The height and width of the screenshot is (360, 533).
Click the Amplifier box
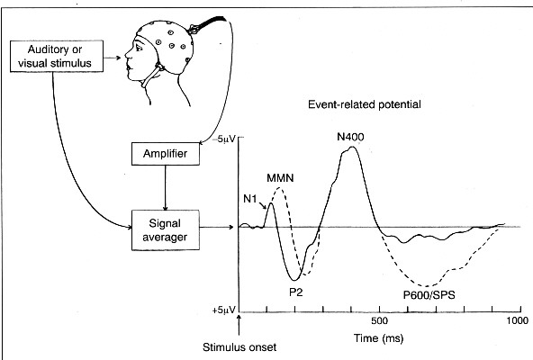click(x=166, y=154)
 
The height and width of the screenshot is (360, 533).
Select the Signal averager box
click(x=166, y=230)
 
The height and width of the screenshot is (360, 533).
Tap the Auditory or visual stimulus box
click(x=57, y=56)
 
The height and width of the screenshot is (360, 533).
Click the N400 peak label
click(x=350, y=137)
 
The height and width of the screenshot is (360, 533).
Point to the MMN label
click(x=280, y=178)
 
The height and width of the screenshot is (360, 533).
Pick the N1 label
click(x=250, y=199)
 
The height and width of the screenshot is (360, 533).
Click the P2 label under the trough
click(x=295, y=292)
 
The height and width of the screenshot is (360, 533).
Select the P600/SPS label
click(x=429, y=294)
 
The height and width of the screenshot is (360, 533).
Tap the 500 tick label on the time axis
click(x=379, y=320)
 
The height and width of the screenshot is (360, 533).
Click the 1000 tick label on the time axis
click(x=518, y=320)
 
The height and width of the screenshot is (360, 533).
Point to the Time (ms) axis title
click(x=379, y=338)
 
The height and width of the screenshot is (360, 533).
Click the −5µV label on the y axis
click(x=223, y=139)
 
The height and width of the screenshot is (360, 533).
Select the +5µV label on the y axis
click(x=223, y=310)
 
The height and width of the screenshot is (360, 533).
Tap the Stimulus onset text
click(x=239, y=347)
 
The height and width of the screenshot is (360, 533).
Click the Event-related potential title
click(x=365, y=104)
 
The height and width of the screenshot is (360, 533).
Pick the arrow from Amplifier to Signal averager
click(x=166, y=187)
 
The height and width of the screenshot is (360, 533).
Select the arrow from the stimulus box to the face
click(x=113, y=58)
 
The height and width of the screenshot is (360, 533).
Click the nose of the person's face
click(x=127, y=54)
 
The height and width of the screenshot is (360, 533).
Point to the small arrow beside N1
click(x=261, y=205)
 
